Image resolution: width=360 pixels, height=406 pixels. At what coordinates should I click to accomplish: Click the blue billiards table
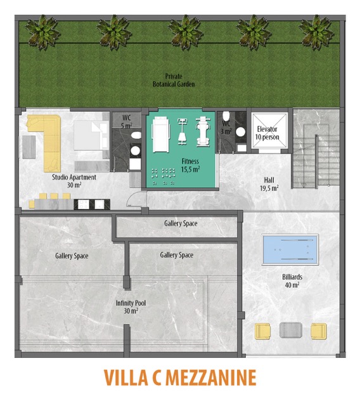point(290,249)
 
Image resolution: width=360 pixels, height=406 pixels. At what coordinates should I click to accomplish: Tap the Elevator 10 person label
point(267,133)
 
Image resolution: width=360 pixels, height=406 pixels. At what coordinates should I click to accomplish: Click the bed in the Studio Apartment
point(91,135)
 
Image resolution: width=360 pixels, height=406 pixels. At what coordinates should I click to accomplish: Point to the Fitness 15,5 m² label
point(190,166)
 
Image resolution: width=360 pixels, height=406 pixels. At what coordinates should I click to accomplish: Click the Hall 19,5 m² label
point(269,184)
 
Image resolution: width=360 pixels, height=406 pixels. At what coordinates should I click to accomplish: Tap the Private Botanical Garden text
point(174,81)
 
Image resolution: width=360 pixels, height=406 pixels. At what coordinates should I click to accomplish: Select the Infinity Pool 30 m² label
point(131,307)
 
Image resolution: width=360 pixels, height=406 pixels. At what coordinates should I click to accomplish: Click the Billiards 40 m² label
point(292,281)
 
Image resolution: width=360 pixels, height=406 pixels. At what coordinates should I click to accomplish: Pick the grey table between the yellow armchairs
point(291,330)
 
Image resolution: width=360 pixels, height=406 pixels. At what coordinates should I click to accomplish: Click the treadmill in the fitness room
point(162,134)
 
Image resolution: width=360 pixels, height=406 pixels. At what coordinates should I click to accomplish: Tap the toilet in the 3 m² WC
point(226,116)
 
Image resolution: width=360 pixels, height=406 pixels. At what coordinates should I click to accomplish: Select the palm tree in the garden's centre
point(186,32)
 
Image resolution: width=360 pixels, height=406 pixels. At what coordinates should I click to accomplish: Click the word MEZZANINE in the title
point(211,378)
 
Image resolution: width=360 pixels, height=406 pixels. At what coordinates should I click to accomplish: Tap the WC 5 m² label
point(127,122)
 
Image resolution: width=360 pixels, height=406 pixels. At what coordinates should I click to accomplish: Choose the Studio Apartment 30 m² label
point(74,181)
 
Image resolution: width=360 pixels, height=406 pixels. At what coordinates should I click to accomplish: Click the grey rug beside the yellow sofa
point(29,147)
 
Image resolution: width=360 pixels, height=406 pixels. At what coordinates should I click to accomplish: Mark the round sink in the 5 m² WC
point(135,150)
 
